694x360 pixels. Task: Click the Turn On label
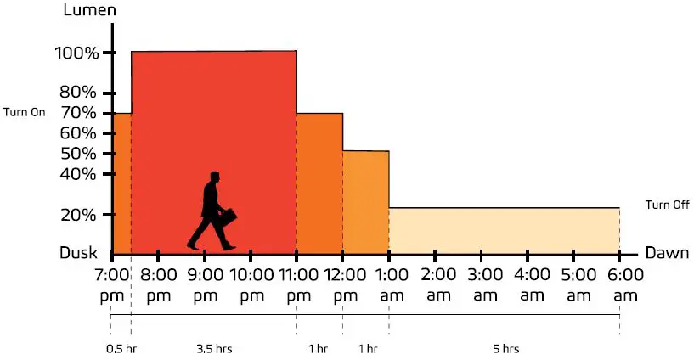[x=25, y=112]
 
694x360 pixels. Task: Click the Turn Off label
[x=667, y=205]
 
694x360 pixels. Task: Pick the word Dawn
[x=667, y=253]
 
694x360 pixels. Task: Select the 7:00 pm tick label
[x=111, y=284]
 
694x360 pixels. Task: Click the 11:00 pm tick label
[x=298, y=284]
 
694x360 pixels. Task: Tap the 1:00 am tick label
[x=390, y=284]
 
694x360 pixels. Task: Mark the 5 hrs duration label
[x=505, y=349]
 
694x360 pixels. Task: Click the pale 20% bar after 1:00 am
[x=504, y=230]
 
